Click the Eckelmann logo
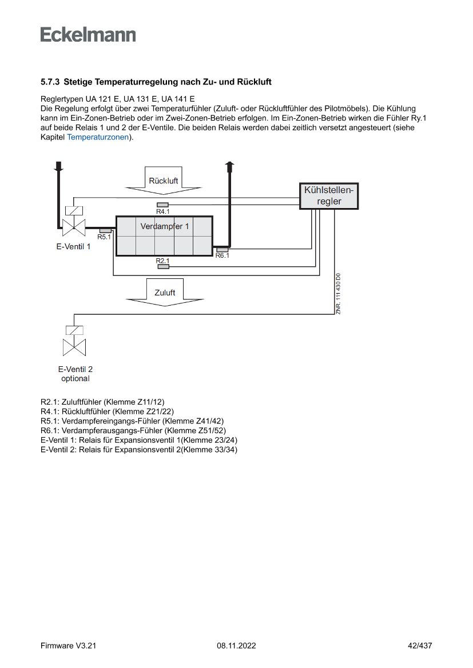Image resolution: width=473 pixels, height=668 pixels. tap(88, 34)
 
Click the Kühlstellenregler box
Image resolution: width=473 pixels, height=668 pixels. tap(329, 195)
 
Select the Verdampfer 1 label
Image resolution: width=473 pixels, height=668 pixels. tap(164, 226)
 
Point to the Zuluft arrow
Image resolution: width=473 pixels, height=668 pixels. tap(165, 293)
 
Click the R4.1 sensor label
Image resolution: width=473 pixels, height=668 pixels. tap(163, 211)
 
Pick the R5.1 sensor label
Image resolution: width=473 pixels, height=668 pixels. tap(104, 237)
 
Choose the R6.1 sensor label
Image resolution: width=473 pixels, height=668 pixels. tap(222, 256)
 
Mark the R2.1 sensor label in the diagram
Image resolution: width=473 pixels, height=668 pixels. tap(163, 261)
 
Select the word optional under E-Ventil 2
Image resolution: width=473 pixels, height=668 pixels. tap(75, 378)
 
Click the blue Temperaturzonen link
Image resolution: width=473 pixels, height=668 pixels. tap(98, 137)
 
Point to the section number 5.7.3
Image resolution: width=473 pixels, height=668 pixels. tap(50, 82)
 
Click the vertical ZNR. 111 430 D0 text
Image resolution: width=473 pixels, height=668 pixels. tap(338, 294)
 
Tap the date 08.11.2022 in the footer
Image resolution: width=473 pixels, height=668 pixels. tap(236, 646)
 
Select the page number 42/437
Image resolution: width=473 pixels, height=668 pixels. tap(419, 646)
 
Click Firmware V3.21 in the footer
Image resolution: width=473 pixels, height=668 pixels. tap(69, 646)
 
